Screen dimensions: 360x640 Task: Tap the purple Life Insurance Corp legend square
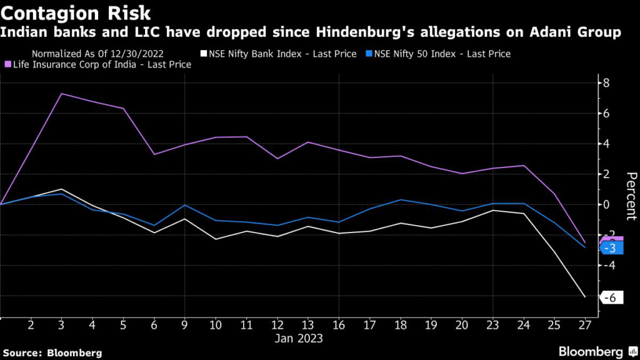tap(8, 64)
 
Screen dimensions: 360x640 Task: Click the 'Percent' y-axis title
tap(630, 196)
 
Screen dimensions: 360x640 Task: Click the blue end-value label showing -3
tap(611, 249)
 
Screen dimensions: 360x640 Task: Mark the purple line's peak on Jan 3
tap(62, 94)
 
